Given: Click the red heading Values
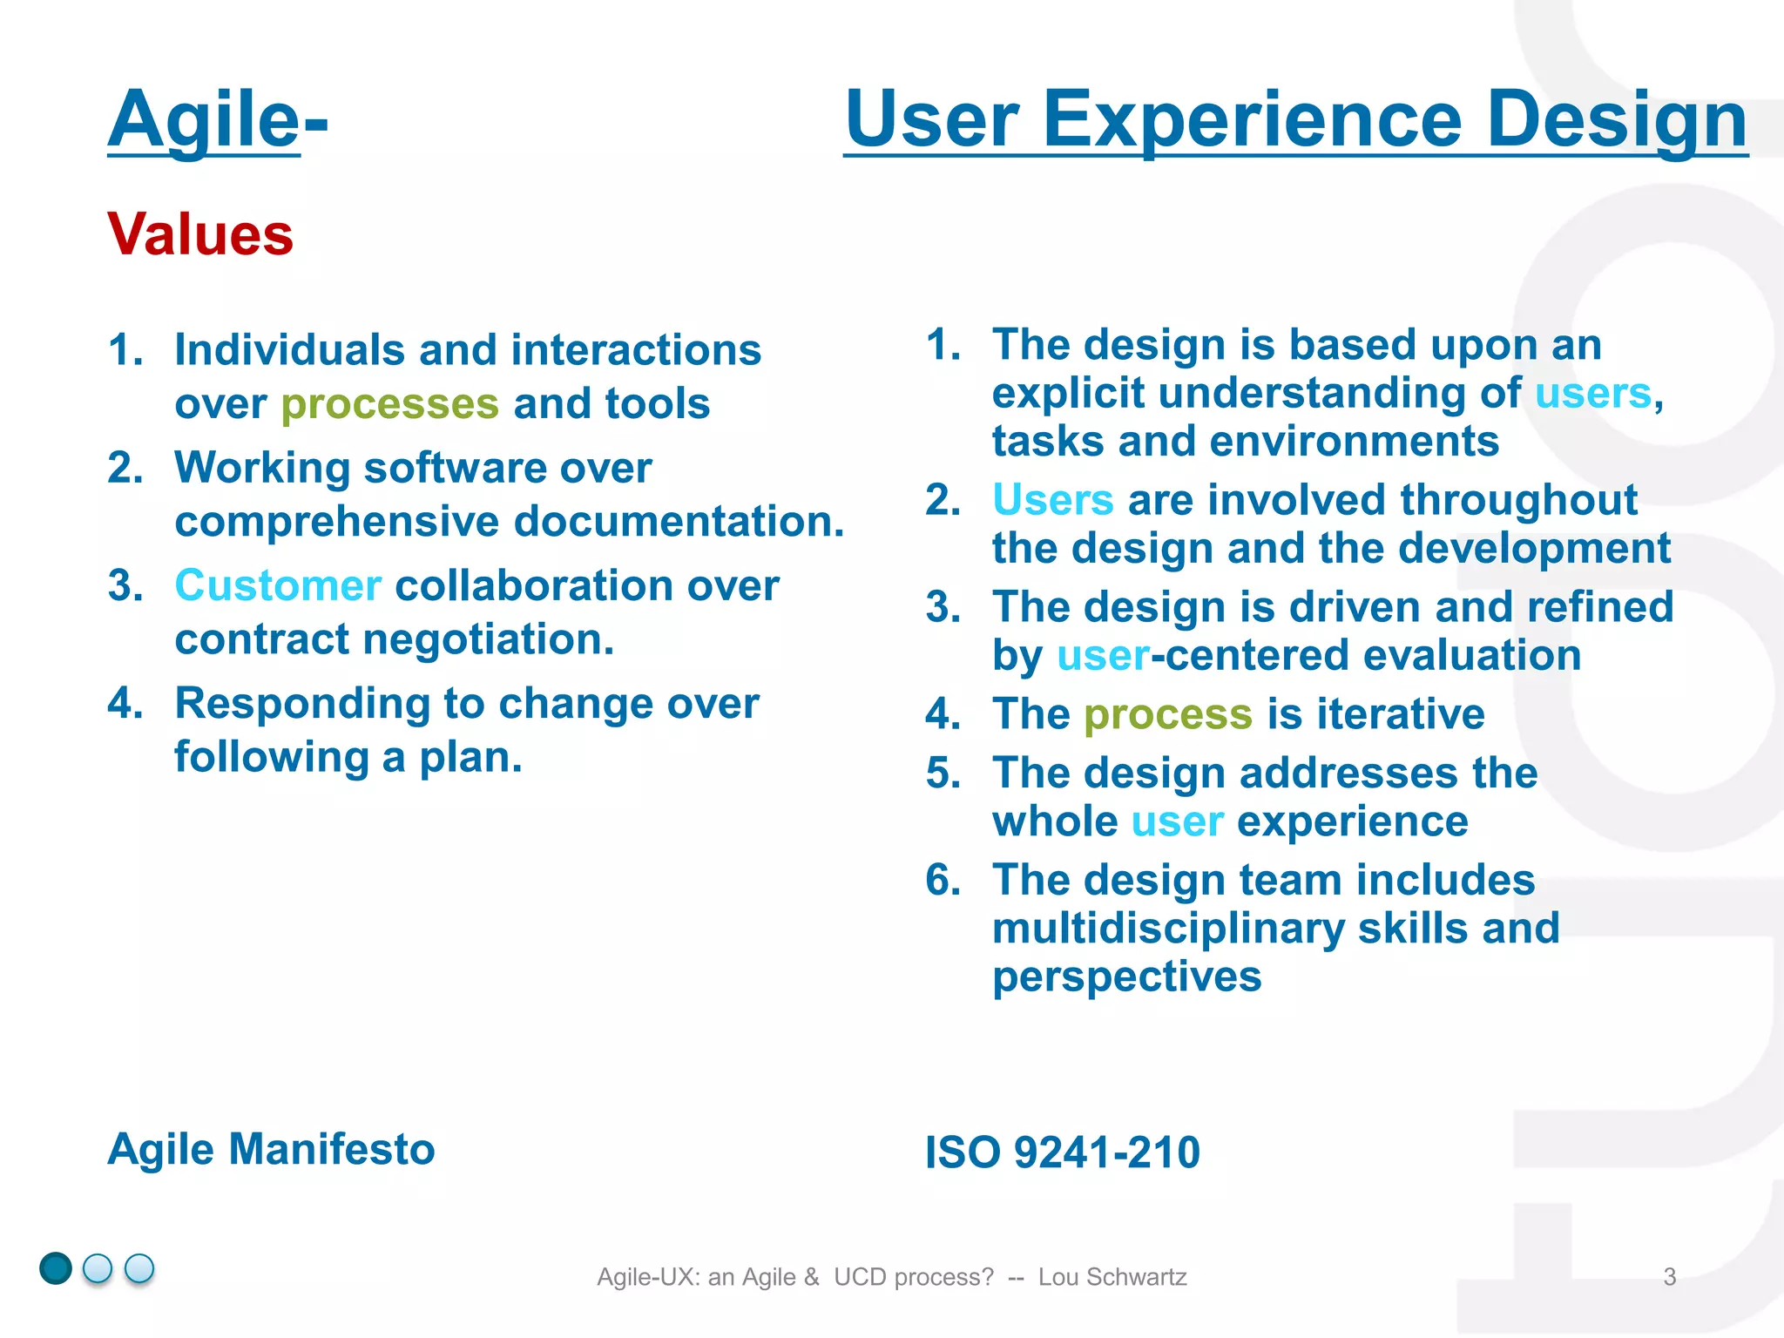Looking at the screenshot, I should point(200,235).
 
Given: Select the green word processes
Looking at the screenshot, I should point(389,404).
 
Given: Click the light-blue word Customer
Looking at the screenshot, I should point(278,585).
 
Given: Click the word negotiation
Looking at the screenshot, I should point(488,639).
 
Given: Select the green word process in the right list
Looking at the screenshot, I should point(1167,715).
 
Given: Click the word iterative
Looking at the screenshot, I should point(1401,714).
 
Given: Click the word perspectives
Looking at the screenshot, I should point(1126,976).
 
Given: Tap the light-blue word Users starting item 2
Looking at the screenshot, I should point(1052,501).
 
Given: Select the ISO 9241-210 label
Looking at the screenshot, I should point(1062,1152).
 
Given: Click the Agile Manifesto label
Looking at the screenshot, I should point(271,1149).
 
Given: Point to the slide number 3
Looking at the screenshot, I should point(1669,1277).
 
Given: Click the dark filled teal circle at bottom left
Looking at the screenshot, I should point(56,1268).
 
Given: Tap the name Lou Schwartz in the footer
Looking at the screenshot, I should point(1112,1277).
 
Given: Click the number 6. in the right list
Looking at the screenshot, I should point(943,881).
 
